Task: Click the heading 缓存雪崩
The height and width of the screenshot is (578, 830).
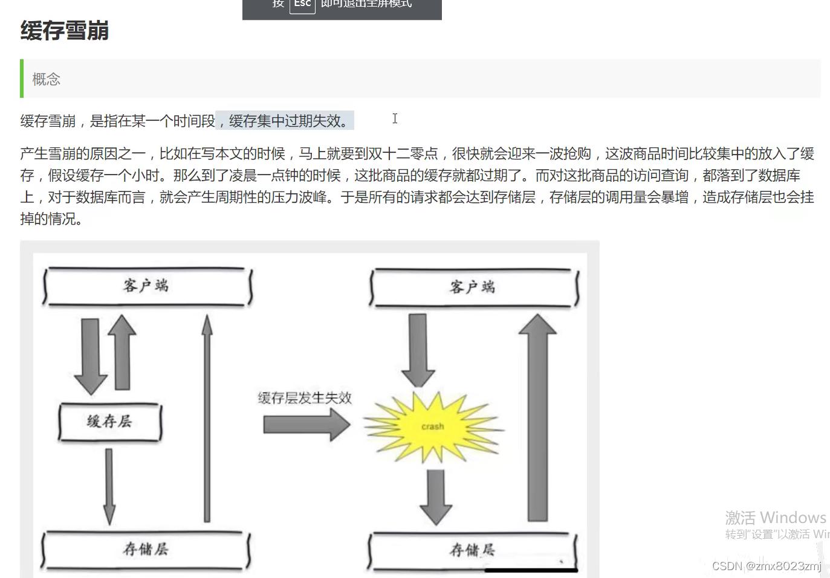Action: pos(65,31)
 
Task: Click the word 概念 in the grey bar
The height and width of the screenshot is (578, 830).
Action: pos(47,79)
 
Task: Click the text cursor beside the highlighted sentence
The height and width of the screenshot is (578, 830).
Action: pos(395,118)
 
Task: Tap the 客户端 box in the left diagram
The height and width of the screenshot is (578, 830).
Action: pos(147,286)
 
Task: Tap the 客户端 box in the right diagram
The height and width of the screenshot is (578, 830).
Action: pos(473,287)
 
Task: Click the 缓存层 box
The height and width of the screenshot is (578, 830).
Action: pos(110,422)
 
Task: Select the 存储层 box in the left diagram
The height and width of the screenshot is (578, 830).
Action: pos(146,549)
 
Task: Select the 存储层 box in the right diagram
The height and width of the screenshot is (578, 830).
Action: pos(473,550)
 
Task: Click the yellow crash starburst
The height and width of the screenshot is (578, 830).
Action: pos(432,426)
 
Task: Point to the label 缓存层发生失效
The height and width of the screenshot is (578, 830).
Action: pos(305,398)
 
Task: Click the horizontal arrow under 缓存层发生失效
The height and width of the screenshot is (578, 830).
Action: pos(306,424)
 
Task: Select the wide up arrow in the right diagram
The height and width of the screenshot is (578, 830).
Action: pos(537,417)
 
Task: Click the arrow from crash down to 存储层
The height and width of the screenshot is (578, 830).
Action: pos(436,495)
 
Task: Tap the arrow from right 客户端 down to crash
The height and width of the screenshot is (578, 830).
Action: pos(418,350)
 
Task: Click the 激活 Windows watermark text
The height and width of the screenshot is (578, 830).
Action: pos(776,518)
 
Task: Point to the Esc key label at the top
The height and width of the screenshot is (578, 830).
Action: pos(302,4)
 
